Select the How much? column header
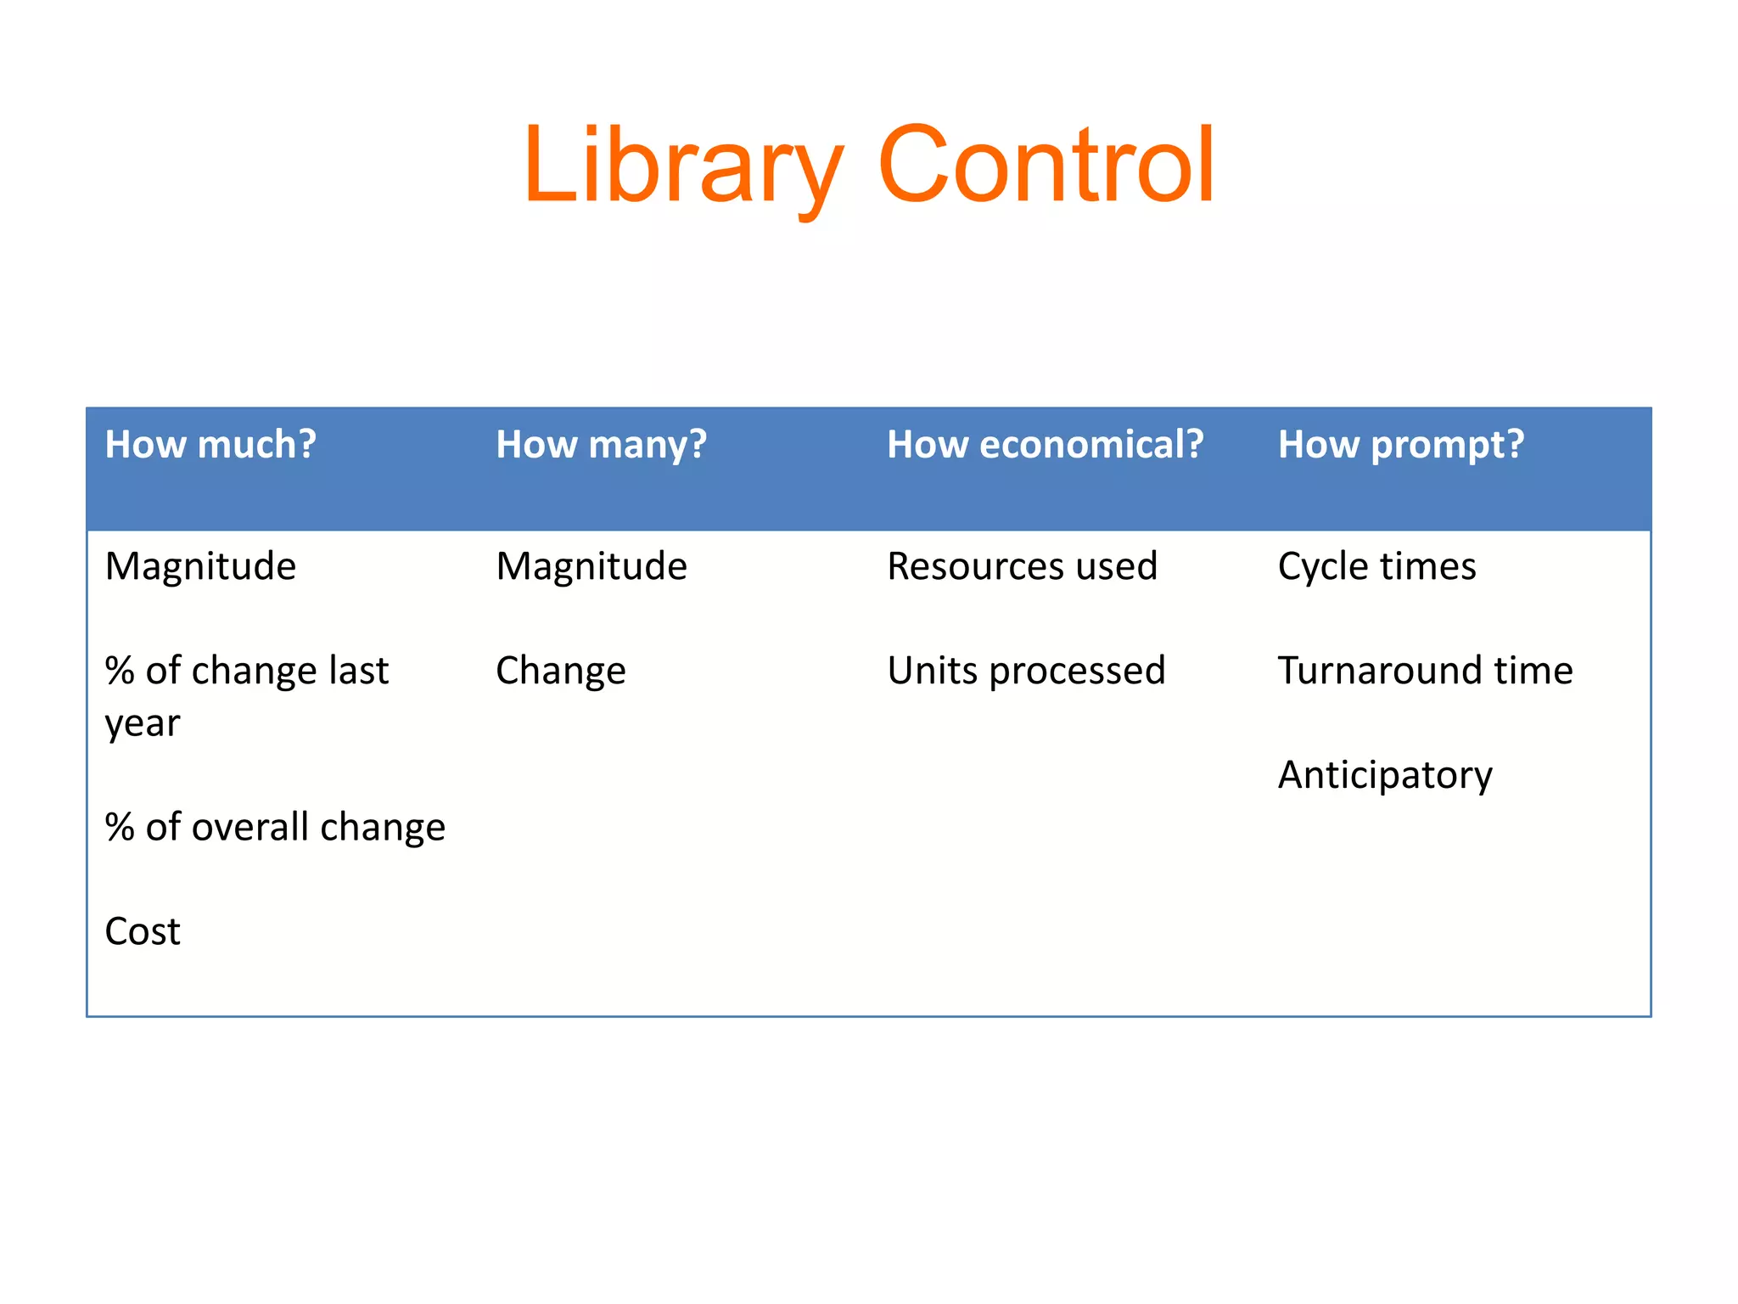point(210,445)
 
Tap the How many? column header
point(601,445)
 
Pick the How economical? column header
point(1045,445)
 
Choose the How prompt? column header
point(1401,445)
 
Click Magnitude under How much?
point(200,566)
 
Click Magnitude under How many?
point(591,566)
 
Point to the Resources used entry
point(1022,566)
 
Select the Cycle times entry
point(1376,566)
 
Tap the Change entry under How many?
point(561,671)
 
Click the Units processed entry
point(1026,671)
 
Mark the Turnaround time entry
point(1426,671)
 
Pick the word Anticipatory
point(1385,775)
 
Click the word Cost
point(143,931)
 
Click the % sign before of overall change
point(120,828)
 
